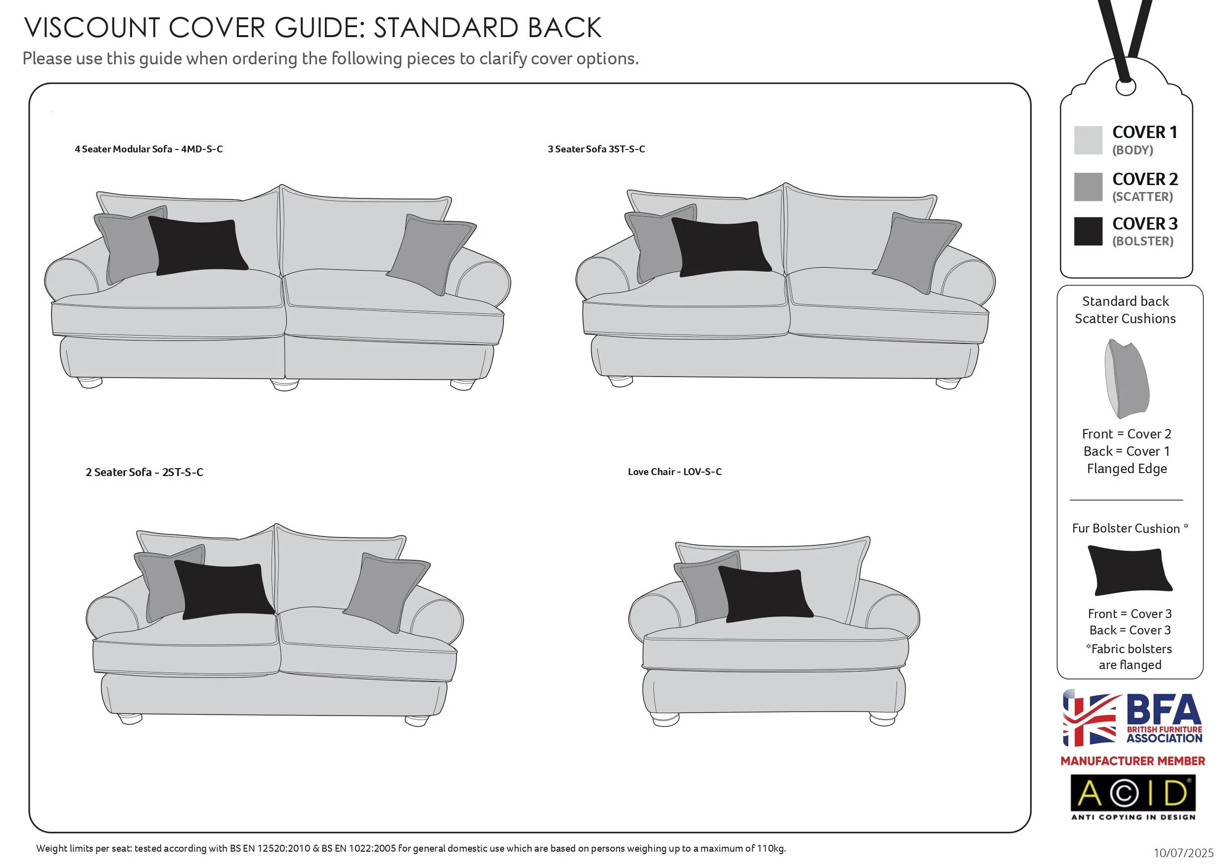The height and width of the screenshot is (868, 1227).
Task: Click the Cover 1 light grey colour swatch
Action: [1088, 140]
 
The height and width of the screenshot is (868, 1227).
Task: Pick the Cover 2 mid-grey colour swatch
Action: [1088, 187]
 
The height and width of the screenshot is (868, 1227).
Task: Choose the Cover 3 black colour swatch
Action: [1088, 231]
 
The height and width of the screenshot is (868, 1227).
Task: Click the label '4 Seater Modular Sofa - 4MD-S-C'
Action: [148, 149]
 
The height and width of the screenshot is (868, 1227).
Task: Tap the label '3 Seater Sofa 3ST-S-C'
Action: [596, 149]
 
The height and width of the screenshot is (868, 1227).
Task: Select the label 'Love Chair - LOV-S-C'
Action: [675, 472]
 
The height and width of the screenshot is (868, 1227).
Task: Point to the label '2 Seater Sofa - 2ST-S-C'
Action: [144, 472]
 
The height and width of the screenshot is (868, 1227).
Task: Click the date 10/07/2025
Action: [1183, 853]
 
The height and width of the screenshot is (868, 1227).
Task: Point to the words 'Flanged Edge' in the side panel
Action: [1127, 469]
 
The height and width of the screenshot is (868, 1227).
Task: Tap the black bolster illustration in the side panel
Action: [1130, 571]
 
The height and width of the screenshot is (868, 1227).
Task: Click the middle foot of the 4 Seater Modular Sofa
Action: [285, 385]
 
